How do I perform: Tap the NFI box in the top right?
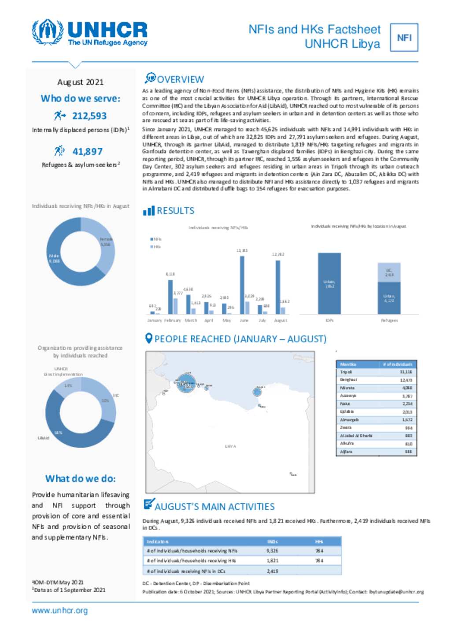(404, 38)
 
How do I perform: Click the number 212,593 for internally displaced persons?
(89, 116)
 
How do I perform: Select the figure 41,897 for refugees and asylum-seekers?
(87, 152)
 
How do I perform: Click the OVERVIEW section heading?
(180, 79)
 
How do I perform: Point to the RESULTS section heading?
(175, 211)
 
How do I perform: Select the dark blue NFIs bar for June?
(242, 284)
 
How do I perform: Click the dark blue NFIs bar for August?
(277, 287)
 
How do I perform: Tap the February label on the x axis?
(173, 321)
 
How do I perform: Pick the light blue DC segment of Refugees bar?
(389, 272)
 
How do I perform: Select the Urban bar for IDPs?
(329, 283)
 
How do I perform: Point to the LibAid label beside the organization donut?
(44, 438)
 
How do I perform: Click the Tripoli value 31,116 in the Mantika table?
(406, 372)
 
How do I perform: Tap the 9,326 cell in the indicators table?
(272, 551)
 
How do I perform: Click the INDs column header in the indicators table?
(272, 542)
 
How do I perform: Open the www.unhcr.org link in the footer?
(59, 611)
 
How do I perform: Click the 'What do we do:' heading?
(81, 479)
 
